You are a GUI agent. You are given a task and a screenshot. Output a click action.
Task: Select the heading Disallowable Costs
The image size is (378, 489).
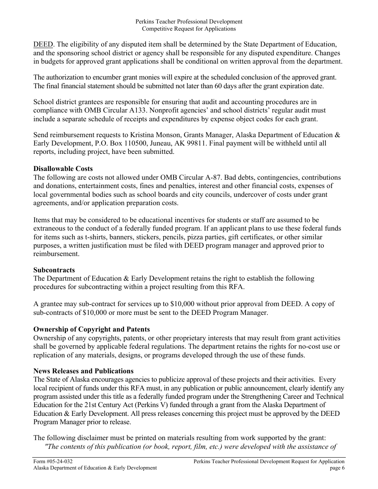pyautogui.click(x=63, y=169)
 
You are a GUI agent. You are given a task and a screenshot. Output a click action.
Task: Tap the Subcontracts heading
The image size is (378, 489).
pyautogui.click(x=54, y=270)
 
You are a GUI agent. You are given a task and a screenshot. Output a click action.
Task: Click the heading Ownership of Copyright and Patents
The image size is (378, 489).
pyautogui.click(x=92, y=329)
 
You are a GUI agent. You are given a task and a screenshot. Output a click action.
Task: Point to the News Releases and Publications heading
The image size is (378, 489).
pyautogui.click(x=84, y=371)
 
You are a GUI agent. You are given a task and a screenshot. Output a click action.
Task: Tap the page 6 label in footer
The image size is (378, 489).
pyautogui.click(x=337, y=468)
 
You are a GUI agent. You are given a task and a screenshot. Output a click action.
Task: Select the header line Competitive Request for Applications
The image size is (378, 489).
pyautogui.click(x=189, y=29)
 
